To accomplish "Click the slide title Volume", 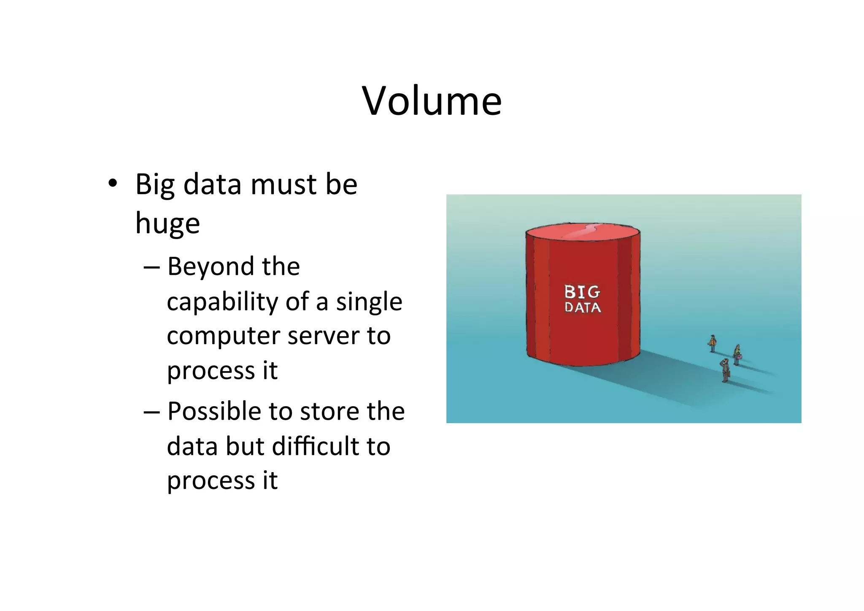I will pos(432,101).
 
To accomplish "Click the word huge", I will pos(167,224).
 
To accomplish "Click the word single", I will pos(369,302).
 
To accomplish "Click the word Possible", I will pos(214,411).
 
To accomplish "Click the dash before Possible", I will pos(151,412).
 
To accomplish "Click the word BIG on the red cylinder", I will pos(582,292).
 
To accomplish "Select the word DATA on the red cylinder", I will pos(583,307).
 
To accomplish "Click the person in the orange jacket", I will pos(713,343).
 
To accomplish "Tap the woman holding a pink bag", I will pos(737,355).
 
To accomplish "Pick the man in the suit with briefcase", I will pos(725,370).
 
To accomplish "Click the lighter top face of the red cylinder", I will pos(583,232).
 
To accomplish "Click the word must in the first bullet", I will pos(283,185).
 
